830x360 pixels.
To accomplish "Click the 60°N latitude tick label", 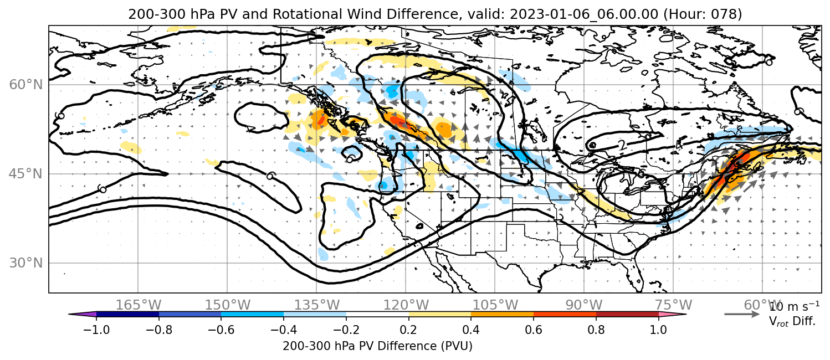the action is pyautogui.click(x=26, y=85).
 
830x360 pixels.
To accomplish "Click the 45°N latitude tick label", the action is pyautogui.click(x=26, y=174).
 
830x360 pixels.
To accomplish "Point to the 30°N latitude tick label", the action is pyautogui.click(x=26, y=263).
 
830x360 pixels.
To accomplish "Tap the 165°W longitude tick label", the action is pyautogui.click(x=139, y=305).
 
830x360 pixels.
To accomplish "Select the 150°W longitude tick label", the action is pyautogui.click(x=228, y=305).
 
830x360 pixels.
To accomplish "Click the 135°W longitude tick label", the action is pyautogui.click(x=317, y=305).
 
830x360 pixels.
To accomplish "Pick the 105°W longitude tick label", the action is pyautogui.click(x=495, y=305).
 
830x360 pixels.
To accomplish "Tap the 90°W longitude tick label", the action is pyautogui.click(x=584, y=305).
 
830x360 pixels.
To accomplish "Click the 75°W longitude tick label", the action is pyautogui.click(x=673, y=305).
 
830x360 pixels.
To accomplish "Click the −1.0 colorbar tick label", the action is pyautogui.click(x=96, y=330).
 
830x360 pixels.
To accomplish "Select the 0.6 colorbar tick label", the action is pyautogui.click(x=534, y=330).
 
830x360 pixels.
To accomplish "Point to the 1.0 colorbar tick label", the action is pyautogui.click(x=658, y=330).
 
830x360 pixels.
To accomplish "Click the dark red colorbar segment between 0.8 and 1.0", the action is pyautogui.click(x=627, y=315).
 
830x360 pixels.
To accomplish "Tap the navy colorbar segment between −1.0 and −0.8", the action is pyautogui.click(x=128, y=315).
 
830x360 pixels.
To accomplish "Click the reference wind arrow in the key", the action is pyautogui.click(x=742, y=315).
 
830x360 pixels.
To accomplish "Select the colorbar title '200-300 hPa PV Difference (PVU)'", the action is pyautogui.click(x=377, y=346).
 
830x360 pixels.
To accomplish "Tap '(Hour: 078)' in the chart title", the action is pyautogui.click(x=703, y=14).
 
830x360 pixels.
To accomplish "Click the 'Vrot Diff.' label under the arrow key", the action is pyautogui.click(x=792, y=321).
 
